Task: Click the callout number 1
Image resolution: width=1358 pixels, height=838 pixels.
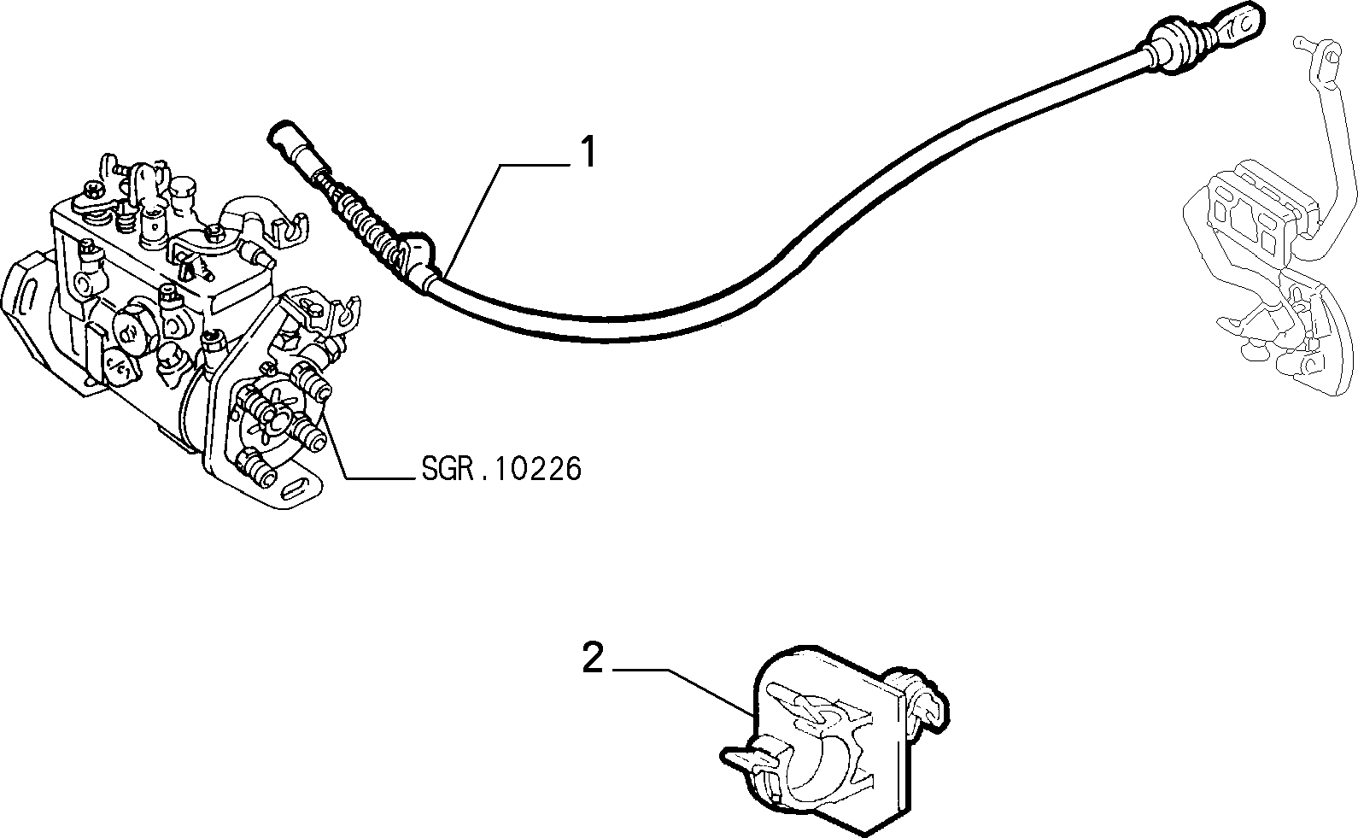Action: [588, 151]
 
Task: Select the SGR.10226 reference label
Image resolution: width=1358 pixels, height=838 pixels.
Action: [501, 469]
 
